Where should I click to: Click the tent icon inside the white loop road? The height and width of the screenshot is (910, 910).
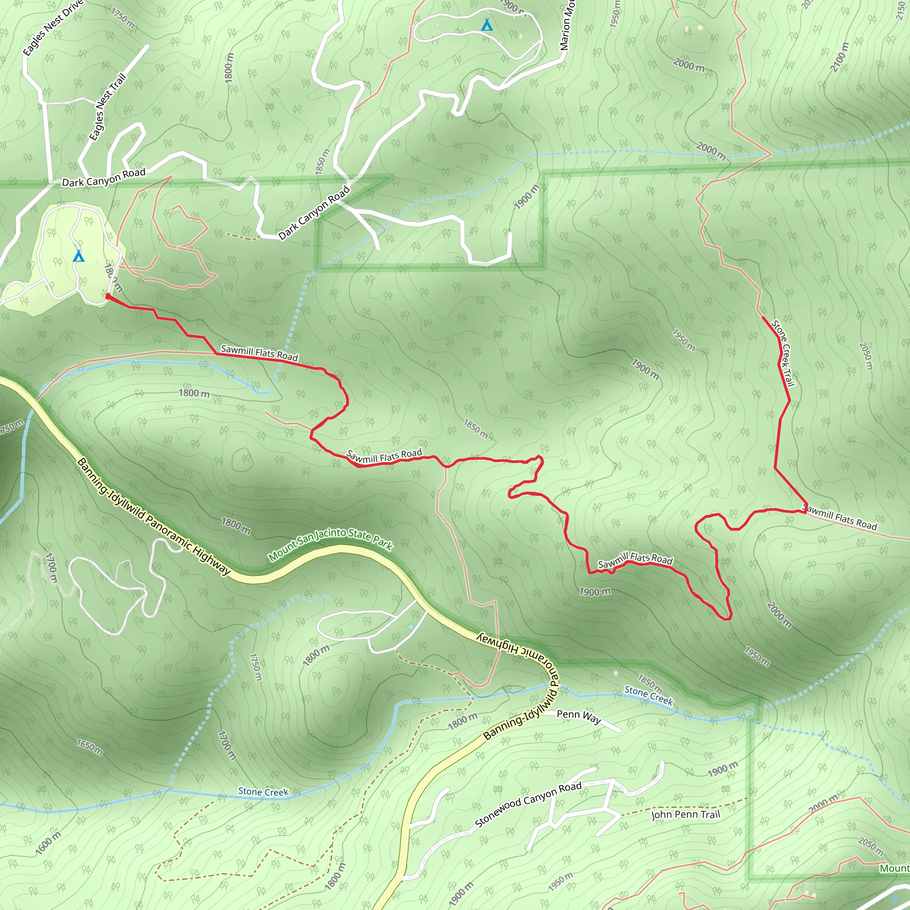487,25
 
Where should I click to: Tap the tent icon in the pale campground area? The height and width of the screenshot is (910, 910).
79,256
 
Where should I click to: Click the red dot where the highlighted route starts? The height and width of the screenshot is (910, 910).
108,296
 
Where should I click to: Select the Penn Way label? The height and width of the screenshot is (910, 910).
579,717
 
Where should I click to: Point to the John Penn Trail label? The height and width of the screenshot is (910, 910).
685,814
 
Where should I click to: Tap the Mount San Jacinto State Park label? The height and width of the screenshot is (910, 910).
330,543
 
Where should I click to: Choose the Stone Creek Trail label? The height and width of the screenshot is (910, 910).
782,353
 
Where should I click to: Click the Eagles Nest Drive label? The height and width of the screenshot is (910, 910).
52,28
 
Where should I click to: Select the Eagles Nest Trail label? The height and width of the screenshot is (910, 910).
108,107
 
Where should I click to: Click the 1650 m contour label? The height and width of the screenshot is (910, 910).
89,746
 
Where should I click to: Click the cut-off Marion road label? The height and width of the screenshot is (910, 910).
567,26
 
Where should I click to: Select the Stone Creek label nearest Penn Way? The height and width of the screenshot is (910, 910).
649,695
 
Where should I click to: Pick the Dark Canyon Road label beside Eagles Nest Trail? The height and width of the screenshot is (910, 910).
104,178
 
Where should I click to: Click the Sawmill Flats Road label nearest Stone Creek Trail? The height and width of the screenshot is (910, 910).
840,518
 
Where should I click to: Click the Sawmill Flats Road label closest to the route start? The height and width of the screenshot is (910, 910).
259,353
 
